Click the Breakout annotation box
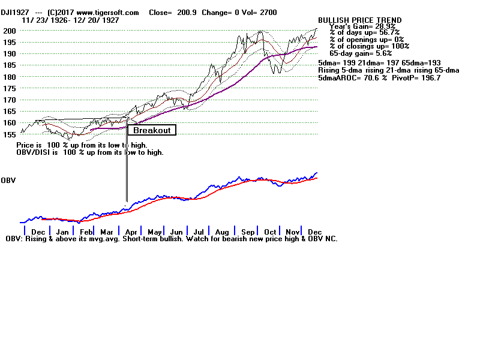point(152,130)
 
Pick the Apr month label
point(130,232)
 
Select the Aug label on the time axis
point(222,232)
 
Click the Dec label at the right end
point(314,232)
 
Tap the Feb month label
point(86,232)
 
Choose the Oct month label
point(270,232)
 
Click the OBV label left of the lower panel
point(8,180)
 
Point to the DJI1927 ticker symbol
point(15,13)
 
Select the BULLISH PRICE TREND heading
point(360,20)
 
